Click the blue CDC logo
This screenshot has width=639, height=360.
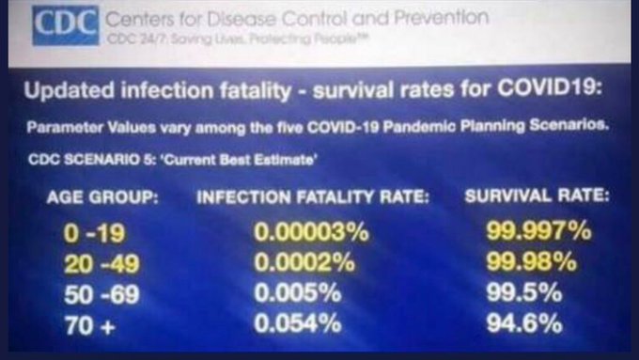click(66, 25)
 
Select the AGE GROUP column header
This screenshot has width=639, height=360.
click(102, 197)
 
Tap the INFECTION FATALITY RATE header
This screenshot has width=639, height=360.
click(313, 197)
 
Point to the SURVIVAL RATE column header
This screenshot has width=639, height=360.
click(538, 196)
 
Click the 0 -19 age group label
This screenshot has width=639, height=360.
click(95, 234)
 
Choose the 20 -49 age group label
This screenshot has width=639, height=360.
click(101, 264)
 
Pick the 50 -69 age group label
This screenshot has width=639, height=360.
click(101, 294)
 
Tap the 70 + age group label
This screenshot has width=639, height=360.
click(89, 325)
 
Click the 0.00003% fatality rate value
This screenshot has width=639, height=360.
click(311, 232)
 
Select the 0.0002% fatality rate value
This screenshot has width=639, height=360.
click(304, 262)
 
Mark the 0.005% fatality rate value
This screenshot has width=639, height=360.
click(298, 293)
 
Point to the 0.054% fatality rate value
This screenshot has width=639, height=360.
click(298, 323)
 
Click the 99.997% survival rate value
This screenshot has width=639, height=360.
click(538, 231)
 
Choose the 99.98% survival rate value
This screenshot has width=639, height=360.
click(532, 261)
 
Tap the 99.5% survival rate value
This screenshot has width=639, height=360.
click(524, 292)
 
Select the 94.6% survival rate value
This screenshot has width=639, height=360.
click(524, 323)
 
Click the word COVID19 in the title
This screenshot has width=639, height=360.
click(550, 87)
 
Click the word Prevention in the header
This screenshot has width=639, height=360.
click(442, 18)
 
